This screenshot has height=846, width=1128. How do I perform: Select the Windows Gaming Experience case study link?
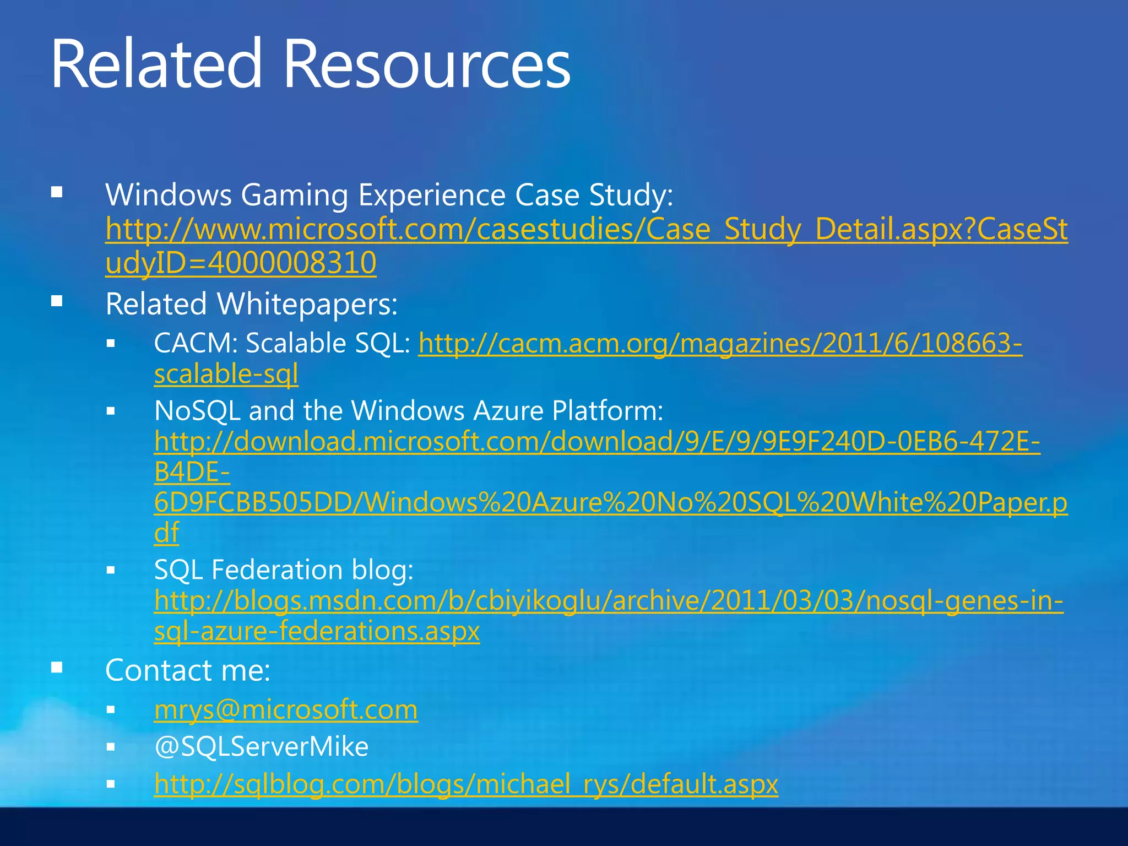coord(586,230)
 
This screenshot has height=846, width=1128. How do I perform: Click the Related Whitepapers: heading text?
coord(251,304)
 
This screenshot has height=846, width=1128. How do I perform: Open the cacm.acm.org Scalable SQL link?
coord(720,343)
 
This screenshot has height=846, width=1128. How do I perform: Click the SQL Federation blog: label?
coord(284,570)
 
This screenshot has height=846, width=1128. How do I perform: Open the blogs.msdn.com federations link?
coord(608,601)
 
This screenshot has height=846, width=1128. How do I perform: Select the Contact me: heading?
coord(188,670)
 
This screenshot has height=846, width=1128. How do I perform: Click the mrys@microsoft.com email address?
coord(286,709)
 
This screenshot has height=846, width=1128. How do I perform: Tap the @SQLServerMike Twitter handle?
coord(261,747)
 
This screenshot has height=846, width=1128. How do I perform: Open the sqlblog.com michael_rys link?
coord(466,784)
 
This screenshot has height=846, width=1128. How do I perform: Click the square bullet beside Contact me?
coord(57,668)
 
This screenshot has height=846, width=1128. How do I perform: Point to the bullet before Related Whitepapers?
coord(57,302)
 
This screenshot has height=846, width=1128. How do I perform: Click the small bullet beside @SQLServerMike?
coord(111,747)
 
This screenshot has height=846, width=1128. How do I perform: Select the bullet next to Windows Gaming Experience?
coord(57,193)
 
